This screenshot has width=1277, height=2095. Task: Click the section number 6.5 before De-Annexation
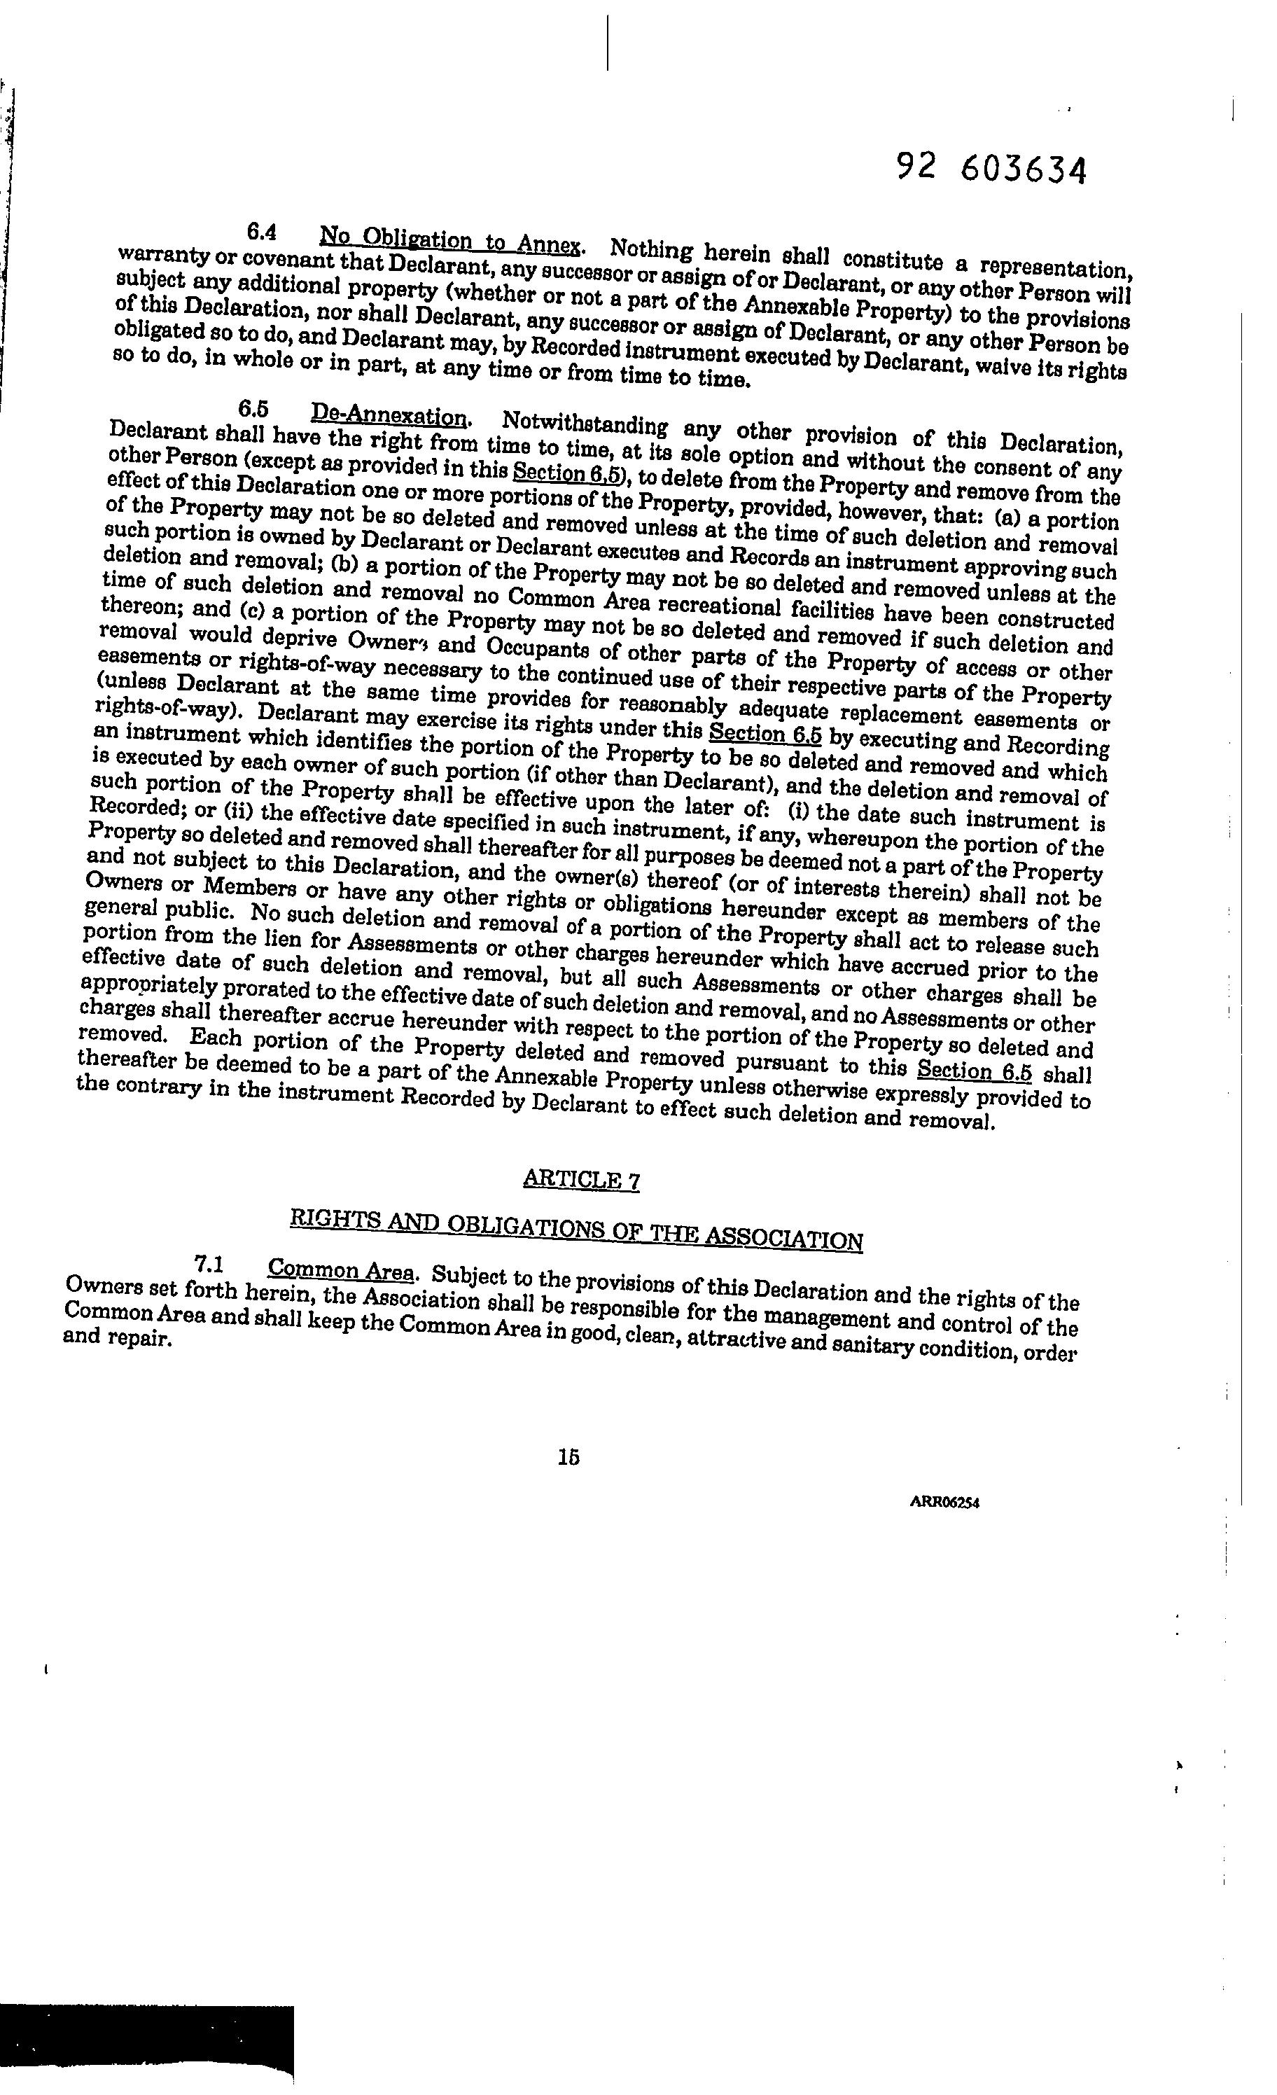pyautogui.click(x=254, y=408)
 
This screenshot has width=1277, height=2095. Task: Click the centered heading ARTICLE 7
pyautogui.click(x=582, y=1179)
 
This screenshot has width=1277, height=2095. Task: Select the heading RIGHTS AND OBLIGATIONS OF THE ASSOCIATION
pyautogui.click(x=576, y=1230)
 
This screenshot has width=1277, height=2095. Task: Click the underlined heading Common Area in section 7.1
pyautogui.click(x=341, y=1270)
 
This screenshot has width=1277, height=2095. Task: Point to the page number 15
pyautogui.click(x=568, y=1456)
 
